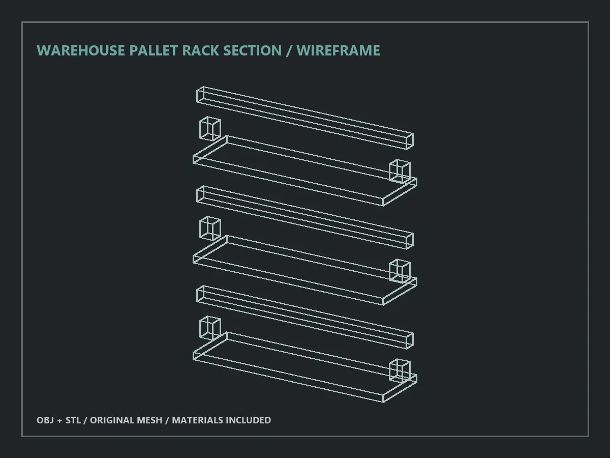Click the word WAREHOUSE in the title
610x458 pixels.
point(81,50)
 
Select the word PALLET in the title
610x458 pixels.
point(154,50)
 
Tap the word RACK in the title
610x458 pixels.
point(201,50)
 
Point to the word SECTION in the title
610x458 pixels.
point(252,50)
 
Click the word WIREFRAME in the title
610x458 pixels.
point(338,50)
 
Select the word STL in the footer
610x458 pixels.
point(73,420)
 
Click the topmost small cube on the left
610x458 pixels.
point(210,129)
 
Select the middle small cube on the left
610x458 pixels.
point(210,228)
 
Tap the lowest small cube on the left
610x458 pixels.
point(210,328)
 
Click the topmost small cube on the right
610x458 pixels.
point(400,171)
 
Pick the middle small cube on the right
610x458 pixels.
point(400,271)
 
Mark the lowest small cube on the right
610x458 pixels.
point(400,370)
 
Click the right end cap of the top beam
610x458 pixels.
point(410,141)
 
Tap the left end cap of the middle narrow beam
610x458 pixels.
point(200,194)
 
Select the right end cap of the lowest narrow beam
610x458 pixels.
point(410,340)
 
